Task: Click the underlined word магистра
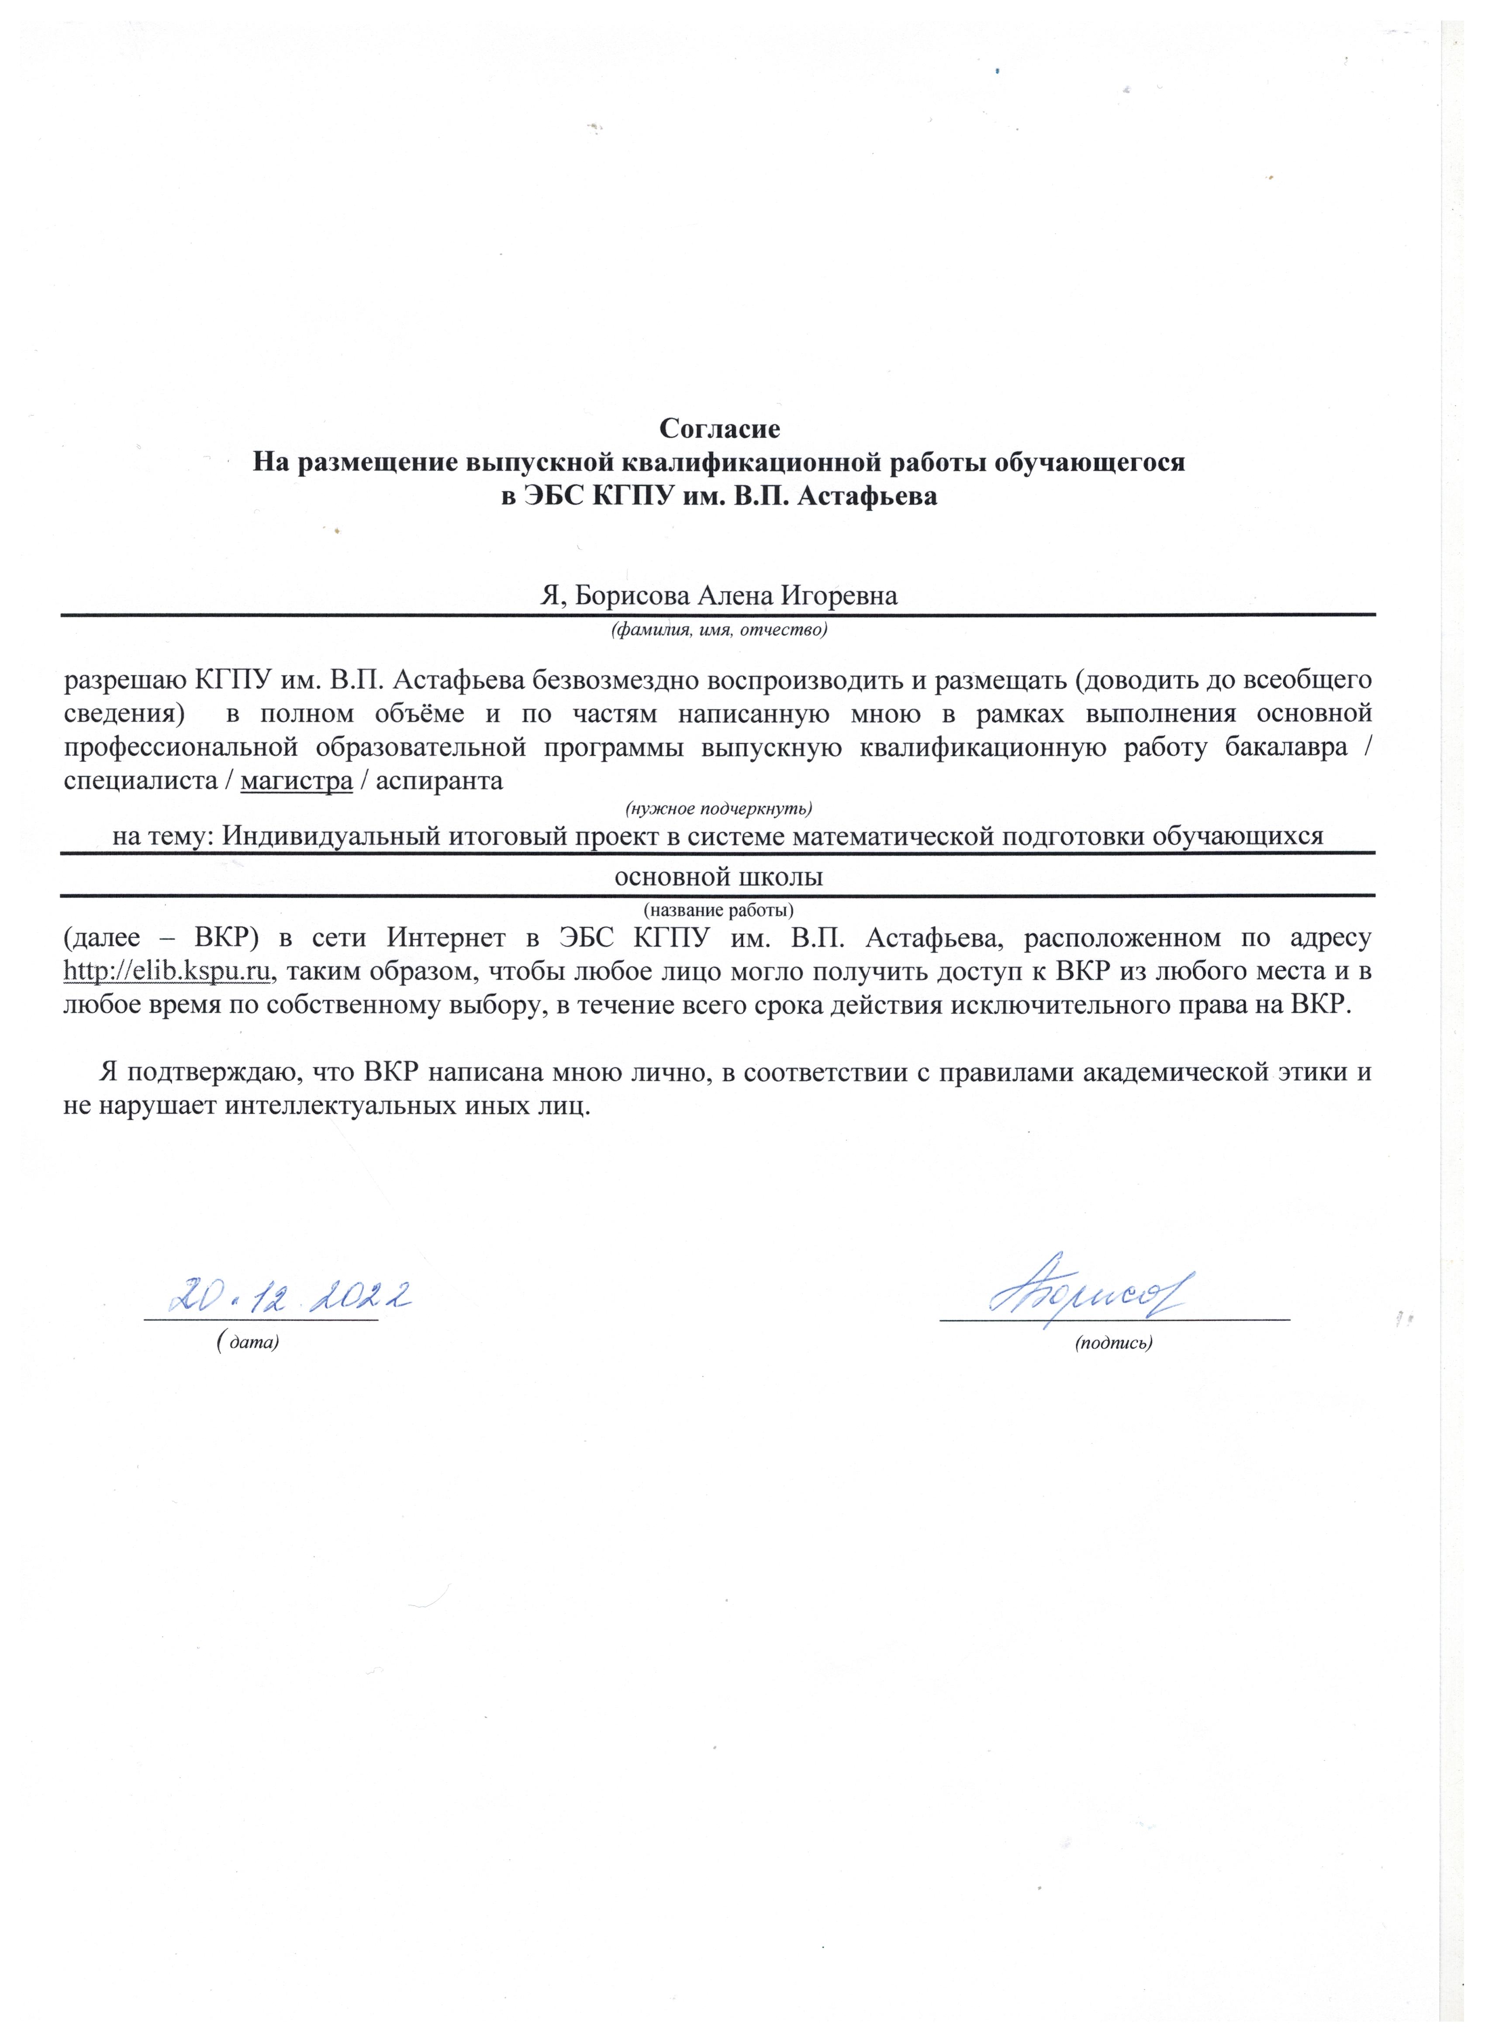pos(296,780)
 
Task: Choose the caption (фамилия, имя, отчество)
pos(718,629)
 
